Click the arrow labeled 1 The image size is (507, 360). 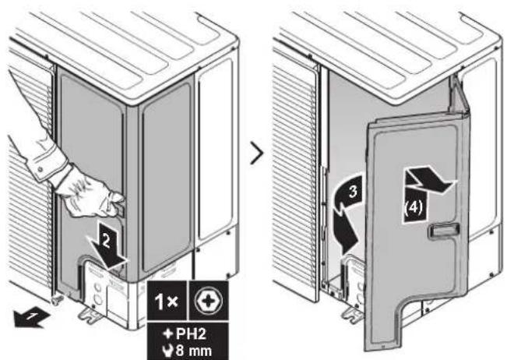point(30,318)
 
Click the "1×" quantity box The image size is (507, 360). point(167,301)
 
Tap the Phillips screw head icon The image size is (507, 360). point(209,302)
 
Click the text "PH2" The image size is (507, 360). point(191,334)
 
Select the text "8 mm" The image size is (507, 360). point(194,351)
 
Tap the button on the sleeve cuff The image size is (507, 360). point(40,169)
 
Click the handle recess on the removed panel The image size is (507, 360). point(444,231)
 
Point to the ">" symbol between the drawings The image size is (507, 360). point(257,153)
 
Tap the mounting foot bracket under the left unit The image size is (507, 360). point(91,316)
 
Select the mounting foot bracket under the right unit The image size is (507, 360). point(354,316)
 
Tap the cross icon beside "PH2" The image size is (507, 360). point(168,334)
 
